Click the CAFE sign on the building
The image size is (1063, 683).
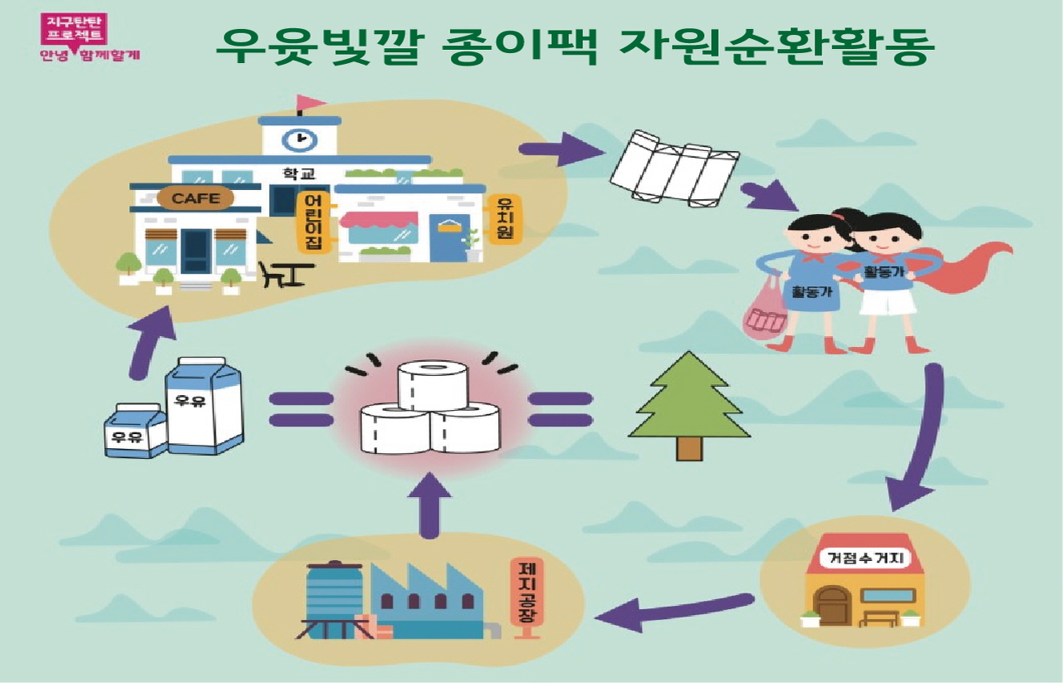[196, 198]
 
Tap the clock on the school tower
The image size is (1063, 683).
[299, 138]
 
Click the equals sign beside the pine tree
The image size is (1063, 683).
[561, 409]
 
